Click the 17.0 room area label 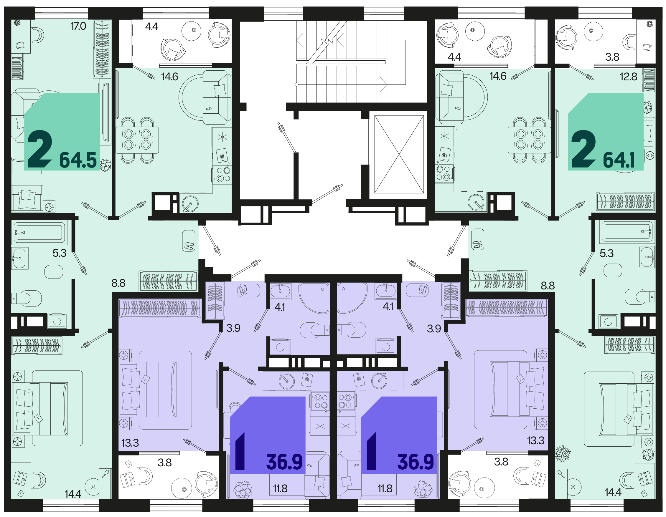tap(78, 26)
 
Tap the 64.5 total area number tap(78, 160)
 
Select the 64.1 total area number tap(619, 160)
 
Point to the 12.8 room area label tap(629, 77)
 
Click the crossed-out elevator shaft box tap(399, 154)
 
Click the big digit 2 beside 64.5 tap(40, 149)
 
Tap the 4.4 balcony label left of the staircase tap(151, 27)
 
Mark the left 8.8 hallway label tap(118, 283)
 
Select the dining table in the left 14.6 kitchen tap(137, 140)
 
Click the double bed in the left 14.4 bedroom tap(41, 409)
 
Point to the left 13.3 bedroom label tap(130, 443)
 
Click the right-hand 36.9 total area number tap(415, 462)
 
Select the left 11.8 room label tap(280, 489)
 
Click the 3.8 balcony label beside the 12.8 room tap(612, 57)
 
